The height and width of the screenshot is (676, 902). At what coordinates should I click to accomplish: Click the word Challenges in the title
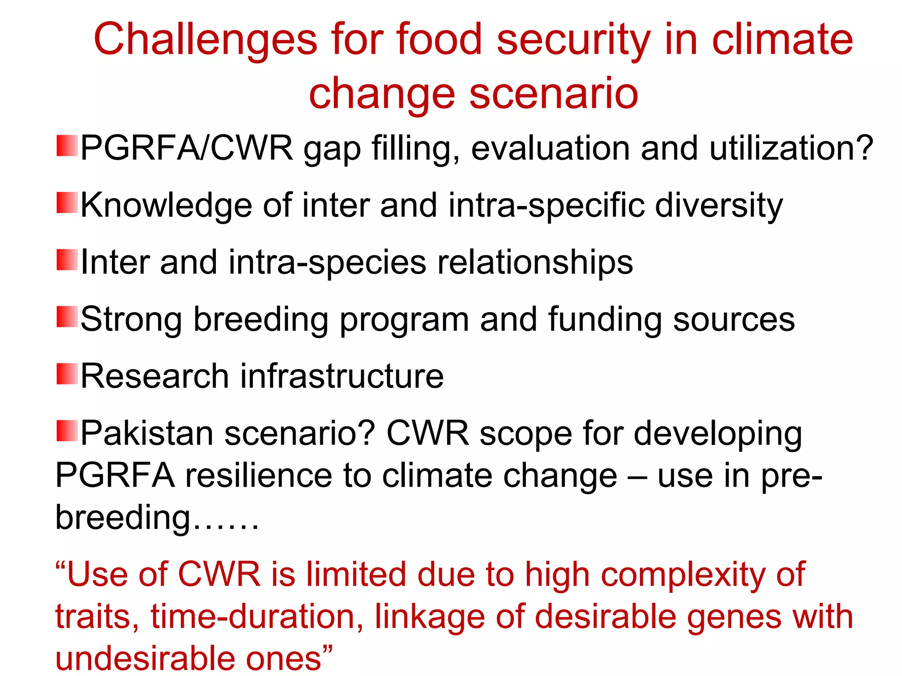click(205, 40)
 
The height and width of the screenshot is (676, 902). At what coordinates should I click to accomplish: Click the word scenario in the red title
click(554, 94)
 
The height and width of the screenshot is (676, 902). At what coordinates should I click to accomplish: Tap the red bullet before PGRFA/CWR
click(67, 146)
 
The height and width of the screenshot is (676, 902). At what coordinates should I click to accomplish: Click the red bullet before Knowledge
click(67, 203)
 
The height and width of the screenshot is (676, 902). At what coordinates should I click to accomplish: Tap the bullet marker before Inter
click(67, 260)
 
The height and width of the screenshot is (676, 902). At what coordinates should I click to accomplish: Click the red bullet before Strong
click(67, 317)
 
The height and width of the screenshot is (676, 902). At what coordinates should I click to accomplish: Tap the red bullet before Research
click(67, 374)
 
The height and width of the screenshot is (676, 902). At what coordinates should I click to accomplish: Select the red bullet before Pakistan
click(67, 430)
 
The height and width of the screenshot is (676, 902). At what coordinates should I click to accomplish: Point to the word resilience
click(258, 476)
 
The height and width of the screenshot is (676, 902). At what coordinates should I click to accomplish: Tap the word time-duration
click(257, 617)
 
